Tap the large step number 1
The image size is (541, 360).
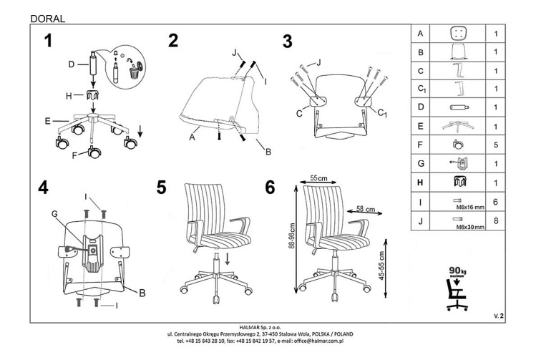pyautogui.click(x=47, y=41)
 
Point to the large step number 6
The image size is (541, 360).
pyautogui.click(x=270, y=188)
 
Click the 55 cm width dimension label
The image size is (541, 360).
pyautogui.click(x=318, y=177)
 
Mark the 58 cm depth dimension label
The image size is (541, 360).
pyautogui.click(x=366, y=209)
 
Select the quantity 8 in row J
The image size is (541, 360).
pyautogui.click(x=495, y=222)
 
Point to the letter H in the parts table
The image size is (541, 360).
pyautogui.click(x=420, y=184)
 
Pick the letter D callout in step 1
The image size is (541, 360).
pyautogui.click(x=72, y=64)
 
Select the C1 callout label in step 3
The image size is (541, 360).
pyautogui.click(x=381, y=113)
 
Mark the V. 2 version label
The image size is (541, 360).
pyautogui.click(x=499, y=315)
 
